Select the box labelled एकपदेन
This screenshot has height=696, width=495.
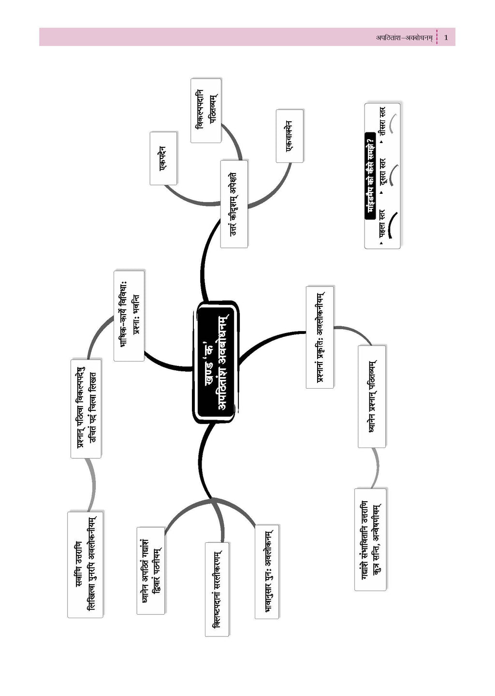tap(163, 158)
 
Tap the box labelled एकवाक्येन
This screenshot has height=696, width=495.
tap(290, 136)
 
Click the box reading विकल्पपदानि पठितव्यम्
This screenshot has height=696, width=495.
tap(206, 111)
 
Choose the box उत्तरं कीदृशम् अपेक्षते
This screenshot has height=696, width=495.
tap(234, 204)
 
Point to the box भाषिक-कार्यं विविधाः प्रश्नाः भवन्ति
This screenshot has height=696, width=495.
tap(129, 316)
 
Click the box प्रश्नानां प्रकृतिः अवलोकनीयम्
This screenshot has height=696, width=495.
tap(320, 337)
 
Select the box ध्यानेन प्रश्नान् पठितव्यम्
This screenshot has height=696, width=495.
tap(372, 396)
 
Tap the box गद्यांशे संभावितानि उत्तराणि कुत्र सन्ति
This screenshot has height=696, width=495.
tap(371, 539)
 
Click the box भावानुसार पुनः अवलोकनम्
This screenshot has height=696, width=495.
tap(267, 571)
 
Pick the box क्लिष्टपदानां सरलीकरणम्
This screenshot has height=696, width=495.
tap(217, 589)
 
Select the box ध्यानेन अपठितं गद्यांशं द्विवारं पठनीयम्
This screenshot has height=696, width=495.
tap(150, 569)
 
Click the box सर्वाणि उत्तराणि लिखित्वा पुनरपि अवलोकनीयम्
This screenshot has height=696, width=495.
tap(86, 564)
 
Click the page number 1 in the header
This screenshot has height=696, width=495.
tap(446, 37)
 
